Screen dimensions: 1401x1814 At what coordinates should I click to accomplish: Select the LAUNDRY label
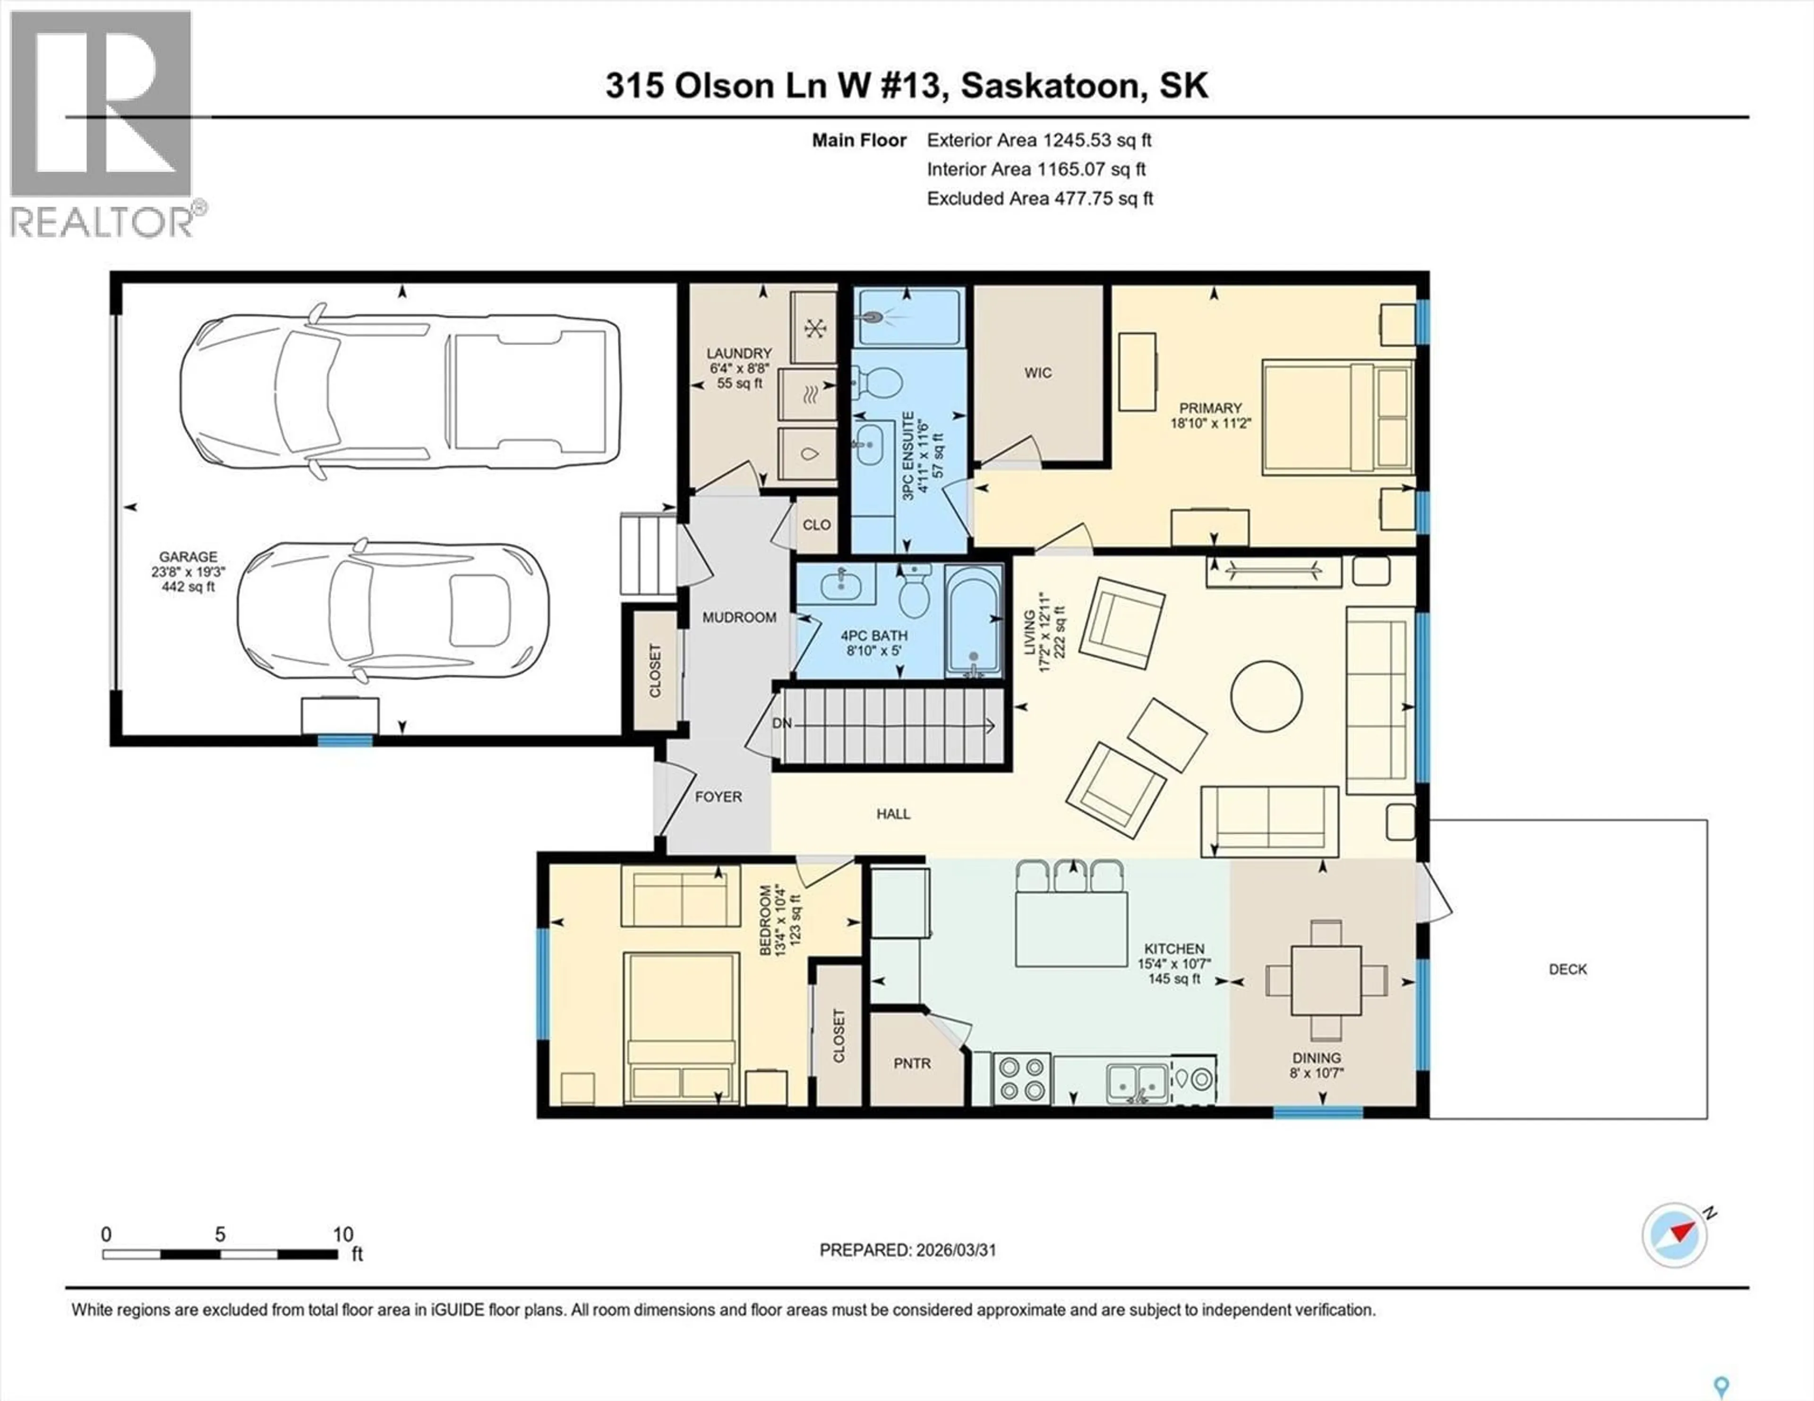coord(739,353)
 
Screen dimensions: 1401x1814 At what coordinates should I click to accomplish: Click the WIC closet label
coord(1037,373)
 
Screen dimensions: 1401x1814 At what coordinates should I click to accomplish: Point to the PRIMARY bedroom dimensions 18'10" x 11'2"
coord(1210,423)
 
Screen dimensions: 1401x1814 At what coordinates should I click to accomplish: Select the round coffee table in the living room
coord(1266,696)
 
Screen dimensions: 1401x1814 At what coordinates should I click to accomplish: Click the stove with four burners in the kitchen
coord(1022,1079)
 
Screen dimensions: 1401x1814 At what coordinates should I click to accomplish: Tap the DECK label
coord(1567,969)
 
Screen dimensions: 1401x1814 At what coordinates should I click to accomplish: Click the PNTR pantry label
coord(912,1063)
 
